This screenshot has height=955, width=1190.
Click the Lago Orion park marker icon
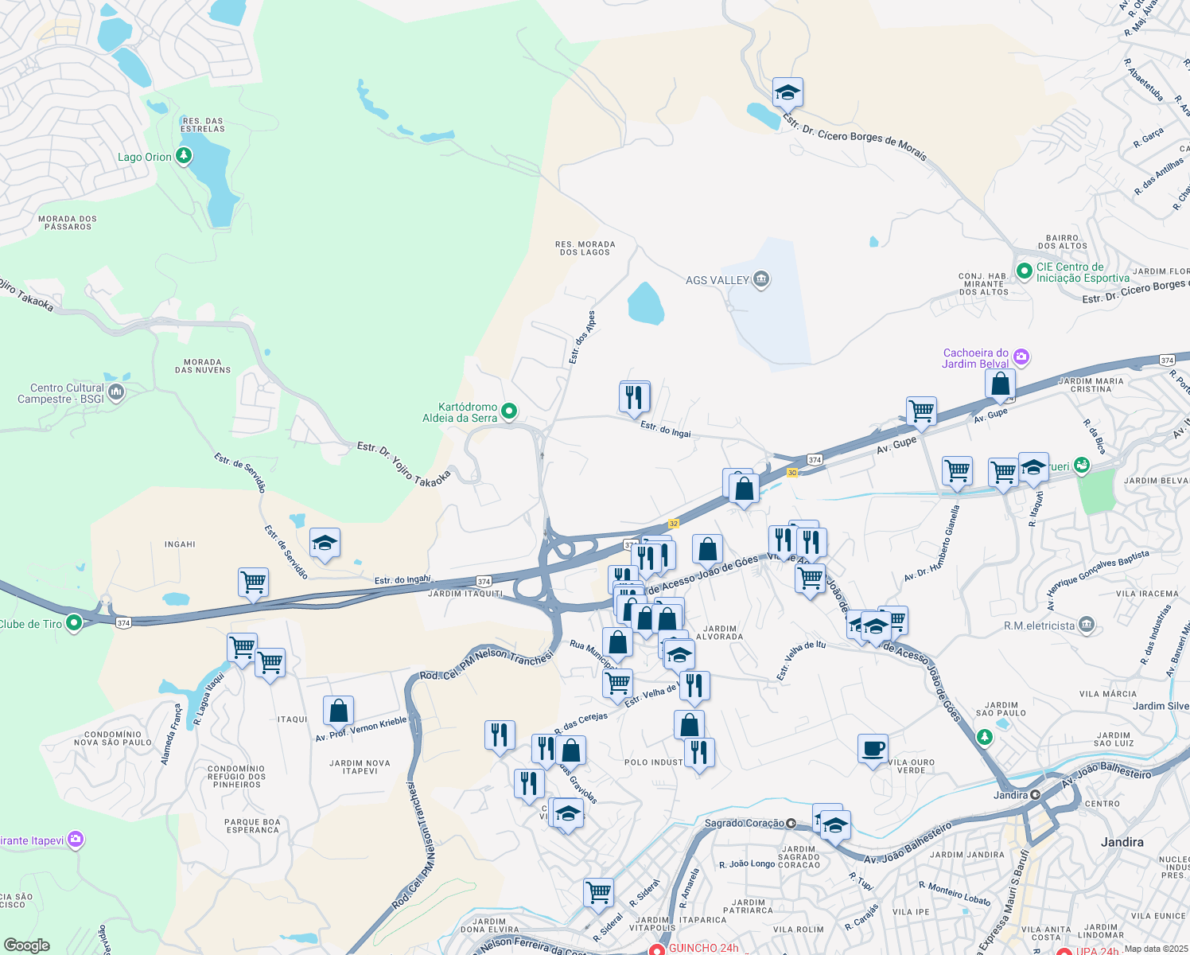(x=184, y=156)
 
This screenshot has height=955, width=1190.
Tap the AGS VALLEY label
(x=717, y=280)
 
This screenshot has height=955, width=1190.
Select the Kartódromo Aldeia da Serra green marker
(x=509, y=411)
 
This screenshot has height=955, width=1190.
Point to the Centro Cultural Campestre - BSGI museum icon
(x=116, y=392)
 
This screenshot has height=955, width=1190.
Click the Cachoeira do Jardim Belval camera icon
(x=1021, y=357)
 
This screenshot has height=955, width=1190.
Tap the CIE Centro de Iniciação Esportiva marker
(x=1024, y=271)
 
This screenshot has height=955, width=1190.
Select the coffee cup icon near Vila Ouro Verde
(x=873, y=749)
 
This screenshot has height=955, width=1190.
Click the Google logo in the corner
(x=26, y=945)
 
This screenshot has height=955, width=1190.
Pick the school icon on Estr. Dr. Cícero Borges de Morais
(x=787, y=92)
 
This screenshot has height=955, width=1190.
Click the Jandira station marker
(x=1035, y=794)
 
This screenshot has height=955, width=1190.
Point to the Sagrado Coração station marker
(x=791, y=823)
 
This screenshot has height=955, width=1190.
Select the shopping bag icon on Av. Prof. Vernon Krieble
(x=338, y=711)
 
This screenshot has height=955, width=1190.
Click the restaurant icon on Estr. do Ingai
(x=634, y=396)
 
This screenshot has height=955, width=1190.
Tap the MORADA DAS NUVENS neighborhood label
(x=203, y=366)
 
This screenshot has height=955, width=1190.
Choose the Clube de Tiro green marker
(x=74, y=622)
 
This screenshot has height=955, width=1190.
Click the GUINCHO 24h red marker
(x=656, y=949)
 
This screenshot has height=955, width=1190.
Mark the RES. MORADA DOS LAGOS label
(x=585, y=248)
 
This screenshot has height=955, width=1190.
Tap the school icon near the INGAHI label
(x=325, y=543)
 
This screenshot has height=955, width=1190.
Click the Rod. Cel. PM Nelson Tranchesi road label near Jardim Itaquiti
(x=486, y=665)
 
